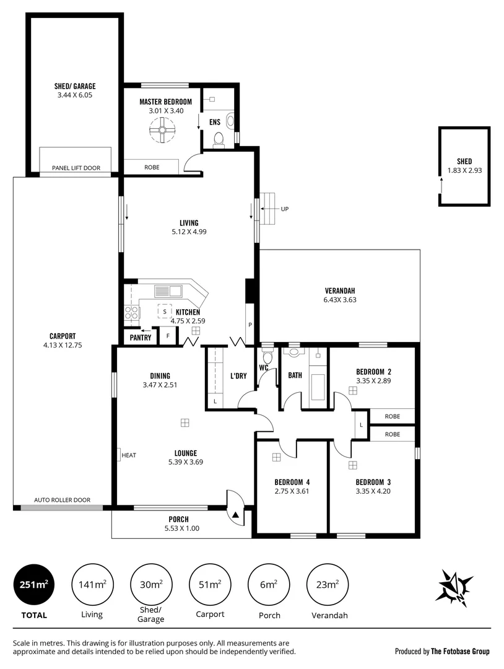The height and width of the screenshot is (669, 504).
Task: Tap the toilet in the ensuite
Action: pyautogui.click(x=217, y=142)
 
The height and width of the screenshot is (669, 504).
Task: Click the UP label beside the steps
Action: pyautogui.click(x=285, y=209)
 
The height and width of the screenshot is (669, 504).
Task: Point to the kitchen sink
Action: pyautogui.click(x=167, y=291)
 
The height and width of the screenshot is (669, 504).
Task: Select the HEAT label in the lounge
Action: pyautogui.click(x=129, y=455)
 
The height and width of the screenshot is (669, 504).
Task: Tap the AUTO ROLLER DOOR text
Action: pyautogui.click(x=62, y=500)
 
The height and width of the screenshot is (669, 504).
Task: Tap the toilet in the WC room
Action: pyautogui.click(x=268, y=357)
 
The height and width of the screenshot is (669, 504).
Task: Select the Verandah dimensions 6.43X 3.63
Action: pyautogui.click(x=339, y=300)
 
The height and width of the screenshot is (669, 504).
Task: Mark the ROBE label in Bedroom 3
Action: pyautogui.click(x=392, y=434)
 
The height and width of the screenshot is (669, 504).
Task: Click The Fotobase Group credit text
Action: pyautogui.click(x=460, y=651)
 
